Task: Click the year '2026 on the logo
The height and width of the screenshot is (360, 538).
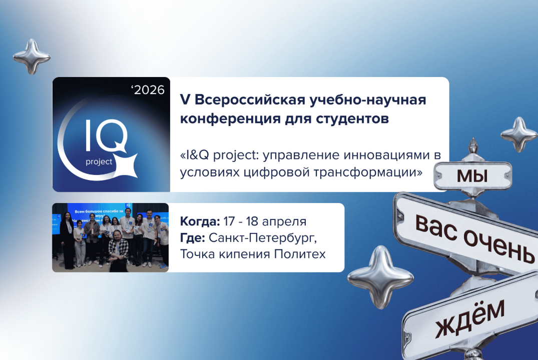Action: point(148,90)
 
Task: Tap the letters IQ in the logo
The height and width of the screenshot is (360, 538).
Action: point(107,136)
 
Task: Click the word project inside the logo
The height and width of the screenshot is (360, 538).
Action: point(99,162)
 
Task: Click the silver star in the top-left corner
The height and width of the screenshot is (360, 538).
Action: point(32,56)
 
